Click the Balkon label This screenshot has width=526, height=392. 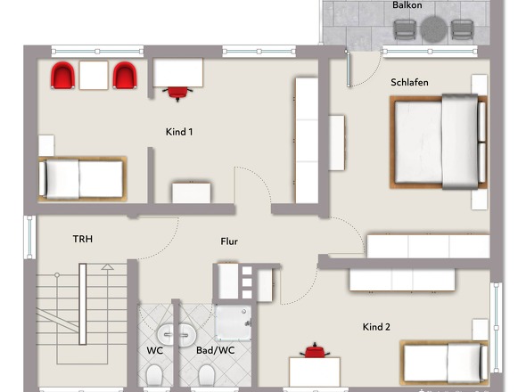coord(407,5)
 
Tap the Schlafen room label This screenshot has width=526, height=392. coord(409,82)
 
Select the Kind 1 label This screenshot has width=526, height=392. coord(179,132)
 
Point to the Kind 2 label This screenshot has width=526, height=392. coord(376,327)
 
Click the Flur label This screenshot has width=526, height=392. coord(229,241)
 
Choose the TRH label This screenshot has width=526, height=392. coord(83,239)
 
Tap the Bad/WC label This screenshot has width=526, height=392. coord(216,350)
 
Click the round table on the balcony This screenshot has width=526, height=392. coord(434,29)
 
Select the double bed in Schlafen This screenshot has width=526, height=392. coord(438,142)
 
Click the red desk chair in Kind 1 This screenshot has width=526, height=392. coord(177,93)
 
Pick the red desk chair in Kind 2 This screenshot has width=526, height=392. coord(315,351)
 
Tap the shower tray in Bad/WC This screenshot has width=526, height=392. coord(233,323)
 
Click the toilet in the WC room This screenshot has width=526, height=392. coord(154,375)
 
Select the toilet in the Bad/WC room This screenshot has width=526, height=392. coord(206,375)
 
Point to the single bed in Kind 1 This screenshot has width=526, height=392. coord(83,179)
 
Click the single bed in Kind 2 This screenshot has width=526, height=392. coord(444,363)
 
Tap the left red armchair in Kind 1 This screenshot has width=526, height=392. coord(62,75)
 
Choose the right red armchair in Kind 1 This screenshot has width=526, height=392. coord(125,75)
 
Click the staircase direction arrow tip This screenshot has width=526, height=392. coord(107,265)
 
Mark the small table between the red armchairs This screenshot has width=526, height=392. coord(94,75)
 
